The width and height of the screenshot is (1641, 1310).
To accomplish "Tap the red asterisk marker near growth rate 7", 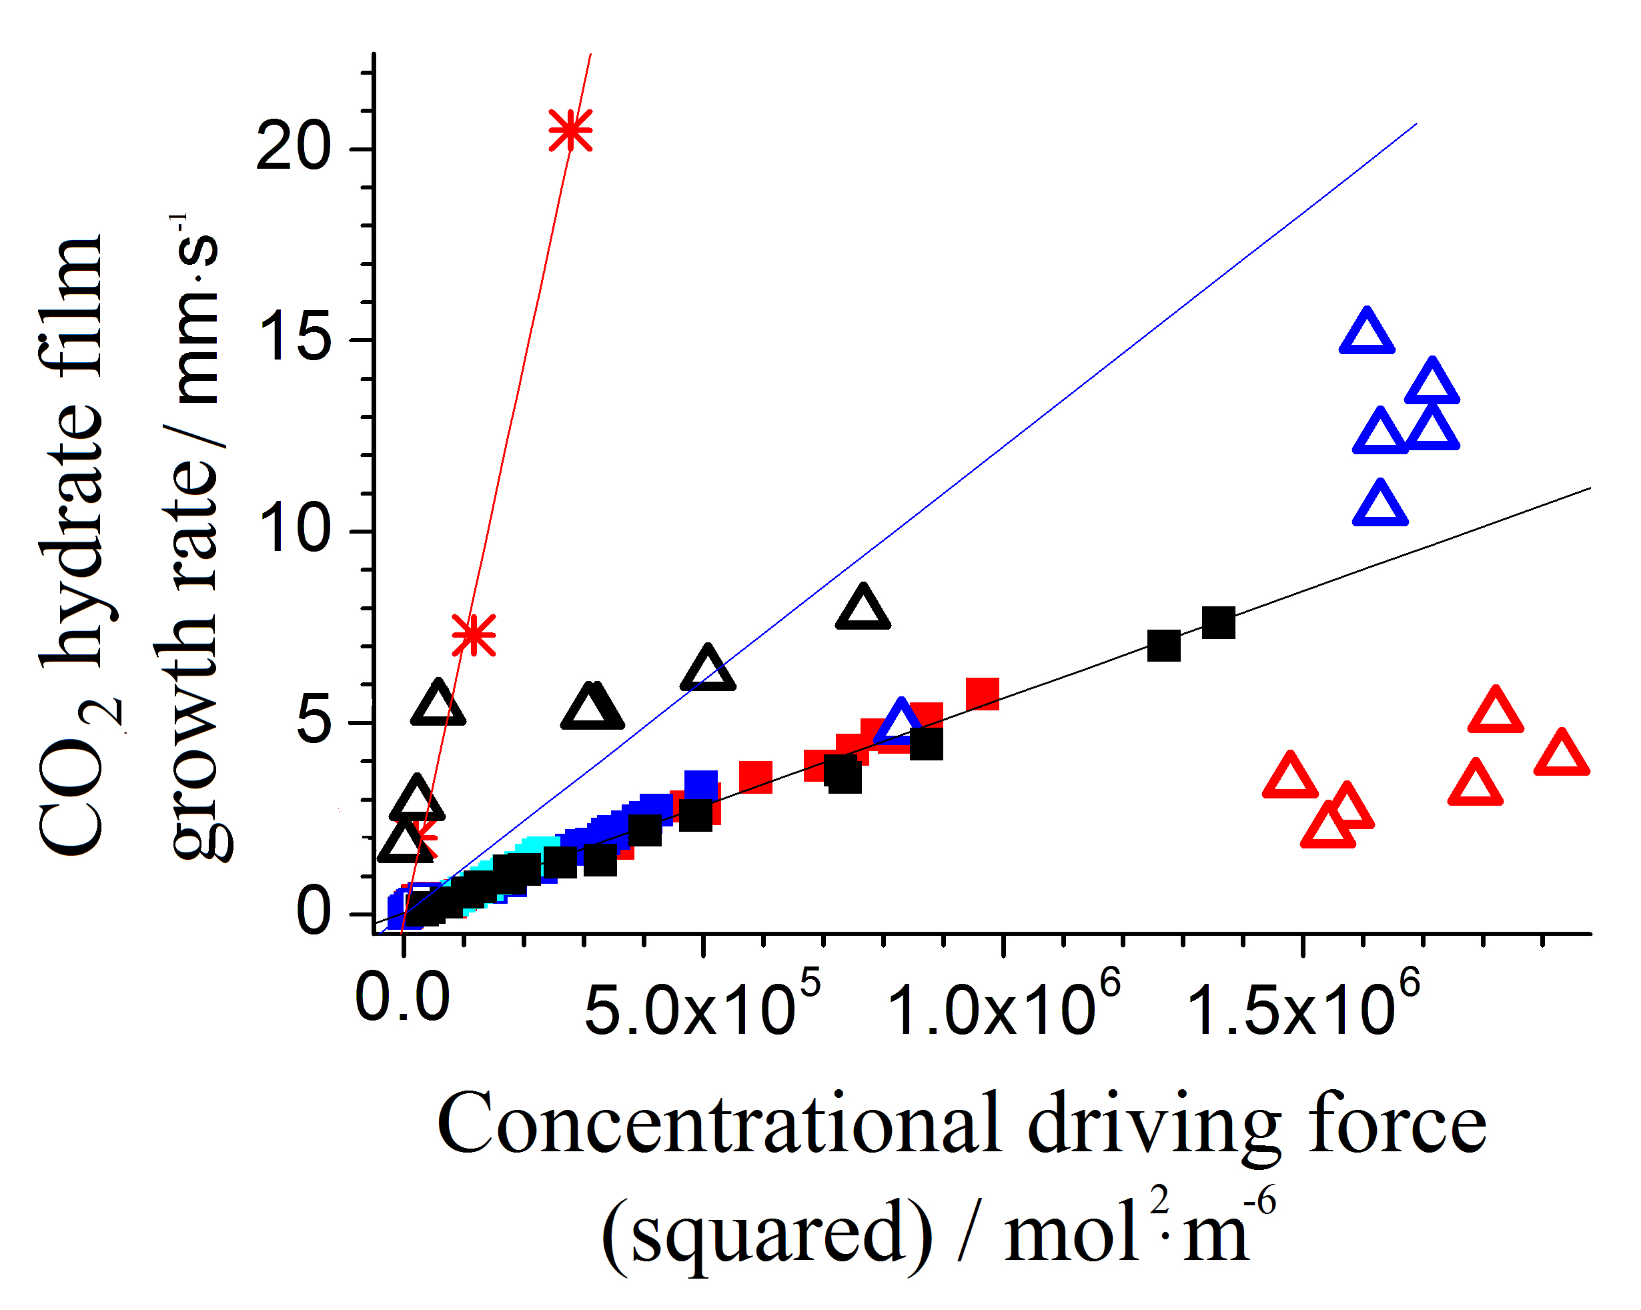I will (x=474, y=634).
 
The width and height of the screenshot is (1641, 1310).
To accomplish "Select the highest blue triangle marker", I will (x=1367, y=334).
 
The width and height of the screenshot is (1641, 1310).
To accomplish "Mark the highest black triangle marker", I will (x=863, y=609).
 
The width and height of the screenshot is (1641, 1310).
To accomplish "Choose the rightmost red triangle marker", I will (x=1562, y=754).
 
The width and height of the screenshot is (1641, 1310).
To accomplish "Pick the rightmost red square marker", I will (x=983, y=694).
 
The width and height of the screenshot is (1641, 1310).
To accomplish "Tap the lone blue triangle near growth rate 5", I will (x=901, y=722).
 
